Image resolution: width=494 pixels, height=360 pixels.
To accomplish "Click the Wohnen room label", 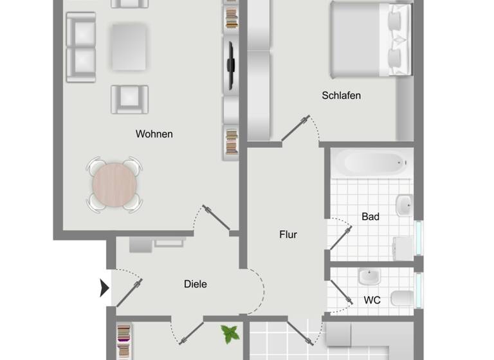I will pos(154,134).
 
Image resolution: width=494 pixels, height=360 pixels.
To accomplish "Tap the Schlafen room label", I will pos(341,96).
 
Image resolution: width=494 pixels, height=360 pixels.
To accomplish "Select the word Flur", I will pos(288,235).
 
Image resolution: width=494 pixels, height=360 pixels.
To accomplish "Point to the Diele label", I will pos(196,283).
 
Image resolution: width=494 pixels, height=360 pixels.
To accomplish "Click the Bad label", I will pos(370,217).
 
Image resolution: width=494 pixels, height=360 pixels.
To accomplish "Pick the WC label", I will pos(372,300).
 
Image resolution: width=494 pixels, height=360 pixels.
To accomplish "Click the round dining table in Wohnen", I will pos(114,184).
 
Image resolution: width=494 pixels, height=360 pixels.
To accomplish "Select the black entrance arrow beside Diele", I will pos(104,288).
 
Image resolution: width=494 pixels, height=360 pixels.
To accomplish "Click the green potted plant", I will pos(229,333).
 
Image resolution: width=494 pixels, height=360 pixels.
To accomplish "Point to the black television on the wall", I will pos(230,64).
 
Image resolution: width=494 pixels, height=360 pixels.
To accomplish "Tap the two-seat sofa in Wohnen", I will pos(81,47).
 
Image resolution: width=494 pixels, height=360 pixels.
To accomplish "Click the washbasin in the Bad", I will pos(405,206).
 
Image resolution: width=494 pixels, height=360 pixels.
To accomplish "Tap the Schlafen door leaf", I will pos(295,129).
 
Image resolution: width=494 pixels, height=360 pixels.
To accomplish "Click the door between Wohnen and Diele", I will pos(217,217).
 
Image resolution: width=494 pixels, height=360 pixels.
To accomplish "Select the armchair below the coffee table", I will pos(130,100).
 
